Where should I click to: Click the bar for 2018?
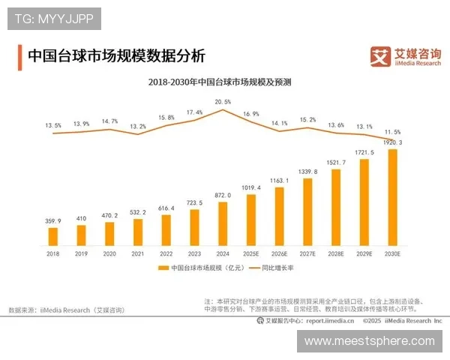(x=53, y=236)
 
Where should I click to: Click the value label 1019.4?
(x=251, y=187)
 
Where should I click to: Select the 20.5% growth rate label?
(x=223, y=101)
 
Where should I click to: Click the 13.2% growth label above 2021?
(x=138, y=127)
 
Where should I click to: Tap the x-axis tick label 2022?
(x=166, y=255)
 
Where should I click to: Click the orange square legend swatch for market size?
(x=163, y=268)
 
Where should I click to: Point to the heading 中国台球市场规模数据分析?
(x=115, y=56)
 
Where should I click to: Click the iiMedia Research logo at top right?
(x=406, y=56)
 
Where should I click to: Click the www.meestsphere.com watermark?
(x=369, y=340)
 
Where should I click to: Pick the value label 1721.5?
(x=364, y=152)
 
